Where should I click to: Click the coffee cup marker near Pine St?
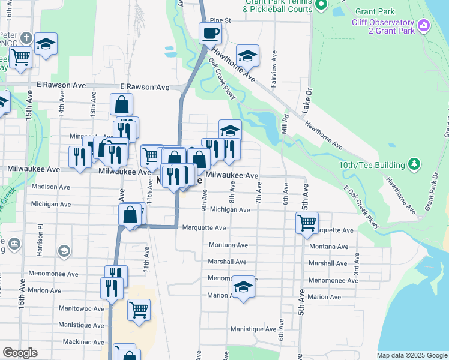(x=210, y=33)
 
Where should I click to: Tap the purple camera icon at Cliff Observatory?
(x=424, y=25)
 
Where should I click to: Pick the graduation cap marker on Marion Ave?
(x=244, y=287)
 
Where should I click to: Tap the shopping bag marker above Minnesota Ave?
(x=121, y=104)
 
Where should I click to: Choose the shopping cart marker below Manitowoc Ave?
(x=139, y=310)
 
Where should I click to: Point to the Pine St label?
(x=219, y=20)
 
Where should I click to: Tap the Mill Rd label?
(x=286, y=124)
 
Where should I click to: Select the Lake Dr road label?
(x=309, y=100)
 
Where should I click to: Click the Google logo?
(x=20, y=353)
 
